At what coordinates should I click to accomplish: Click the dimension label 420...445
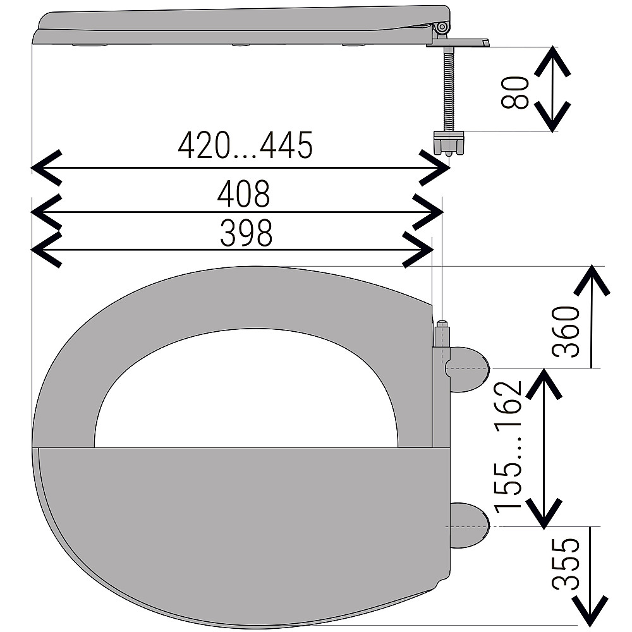pos(245,145)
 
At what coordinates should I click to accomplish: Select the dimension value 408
pos(243,194)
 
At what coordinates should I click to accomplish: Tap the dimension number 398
pos(246,233)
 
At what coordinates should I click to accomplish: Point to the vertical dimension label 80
pos(514,92)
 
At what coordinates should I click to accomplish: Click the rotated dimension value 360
pos(566,331)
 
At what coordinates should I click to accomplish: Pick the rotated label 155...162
pos(508,447)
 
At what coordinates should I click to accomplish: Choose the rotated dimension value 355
pos(566,564)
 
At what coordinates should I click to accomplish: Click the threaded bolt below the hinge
pos(448,88)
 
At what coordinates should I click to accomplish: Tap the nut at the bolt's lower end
pos(449,143)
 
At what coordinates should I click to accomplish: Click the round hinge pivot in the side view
pos(442,27)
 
